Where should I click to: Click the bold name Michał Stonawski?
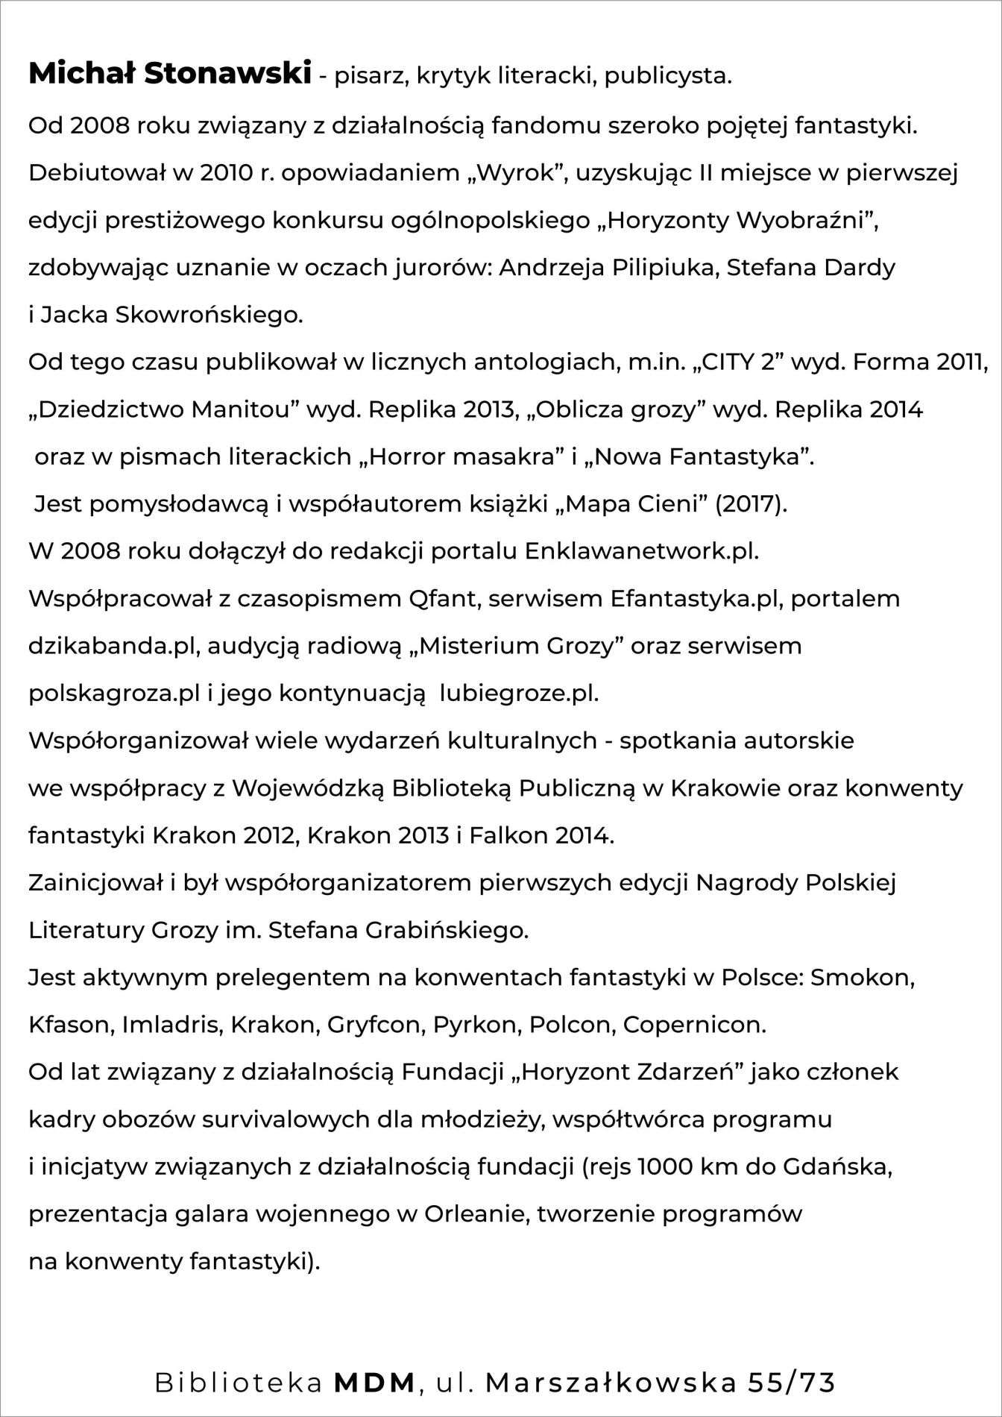click(169, 75)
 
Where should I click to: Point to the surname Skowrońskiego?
click(209, 315)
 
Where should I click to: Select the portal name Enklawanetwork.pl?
click(641, 551)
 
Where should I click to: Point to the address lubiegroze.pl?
click(519, 694)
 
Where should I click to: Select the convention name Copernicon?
click(694, 1025)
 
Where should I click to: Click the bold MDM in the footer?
click(375, 1383)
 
